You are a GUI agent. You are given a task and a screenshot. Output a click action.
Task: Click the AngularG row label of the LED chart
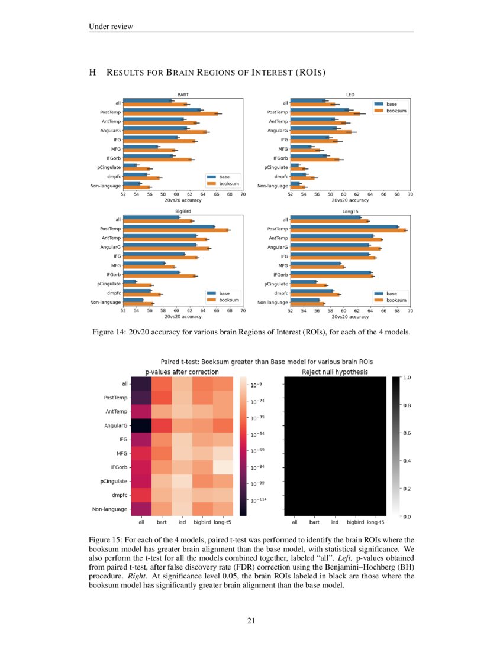[x=278, y=130]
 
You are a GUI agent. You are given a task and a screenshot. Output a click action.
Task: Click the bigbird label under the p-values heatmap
[x=202, y=522]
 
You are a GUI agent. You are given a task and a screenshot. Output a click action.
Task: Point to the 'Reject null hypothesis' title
[x=335, y=372]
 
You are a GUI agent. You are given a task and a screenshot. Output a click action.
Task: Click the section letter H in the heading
[x=92, y=73]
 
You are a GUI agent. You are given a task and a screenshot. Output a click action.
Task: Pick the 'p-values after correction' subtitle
[x=182, y=372]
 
